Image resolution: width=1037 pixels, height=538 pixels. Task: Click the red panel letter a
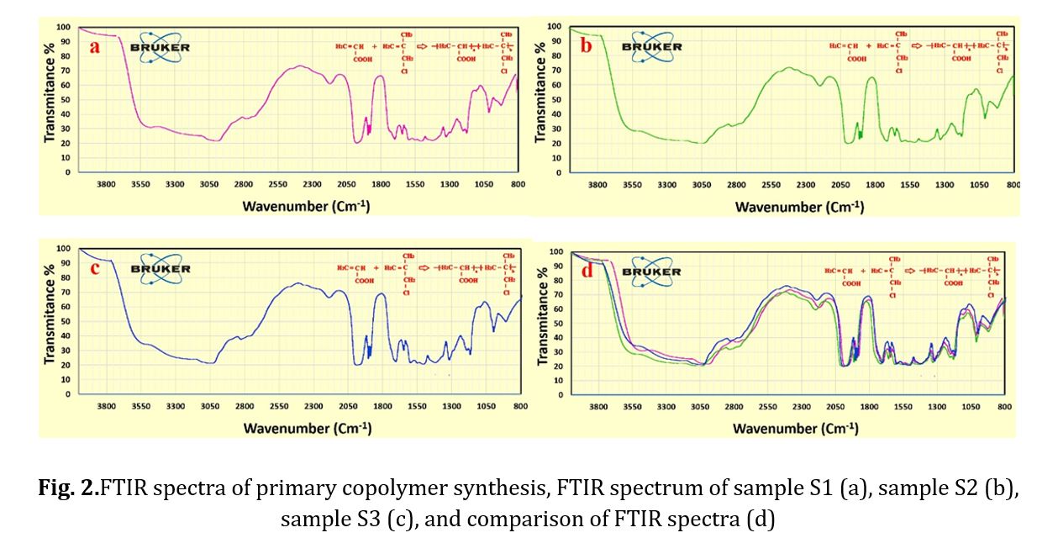(x=95, y=46)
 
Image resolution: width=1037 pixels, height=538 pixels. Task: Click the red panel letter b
(x=586, y=45)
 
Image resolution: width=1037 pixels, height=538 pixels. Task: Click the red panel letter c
(x=95, y=268)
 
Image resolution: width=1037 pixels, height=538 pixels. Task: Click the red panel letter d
(x=586, y=272)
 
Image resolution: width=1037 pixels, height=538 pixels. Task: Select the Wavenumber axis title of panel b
(x=799, y=207)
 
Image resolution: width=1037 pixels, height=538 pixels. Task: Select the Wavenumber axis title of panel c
(x=308, y=428)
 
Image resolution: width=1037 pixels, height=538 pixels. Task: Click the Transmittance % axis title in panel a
(x=50, y=99)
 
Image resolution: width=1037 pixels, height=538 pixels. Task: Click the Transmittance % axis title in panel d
(x=542, y=324)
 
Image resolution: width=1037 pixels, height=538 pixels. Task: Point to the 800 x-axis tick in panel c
(x=520, y=407)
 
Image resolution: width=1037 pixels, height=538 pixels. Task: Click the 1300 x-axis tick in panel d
(x=936, y=407)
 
